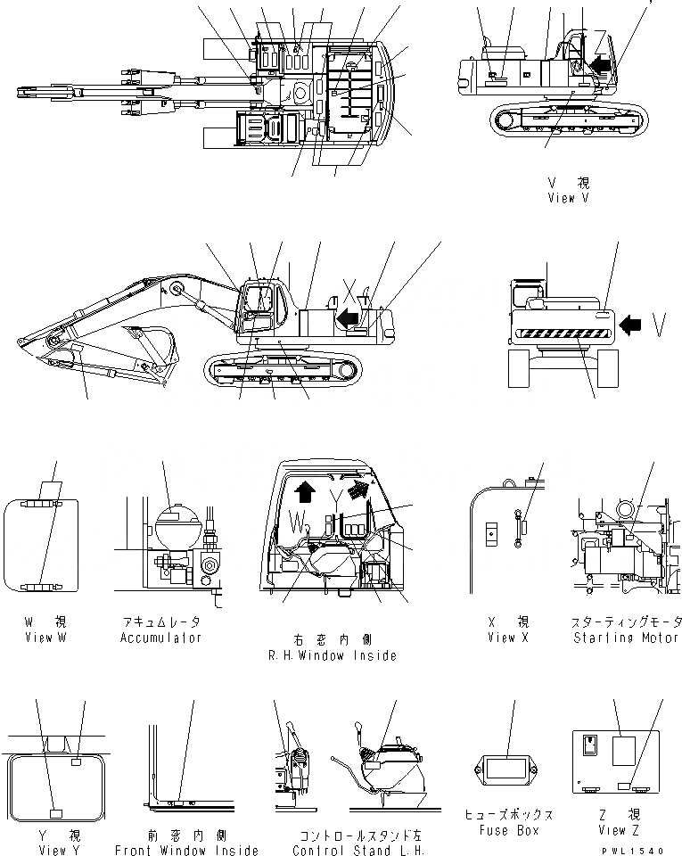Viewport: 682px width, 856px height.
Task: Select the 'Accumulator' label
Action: point(161,638)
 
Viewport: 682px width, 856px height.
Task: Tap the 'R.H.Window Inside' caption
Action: point(332,655)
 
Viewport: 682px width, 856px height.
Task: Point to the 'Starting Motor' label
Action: point(627,638)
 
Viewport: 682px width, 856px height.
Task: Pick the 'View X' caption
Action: point(507,638)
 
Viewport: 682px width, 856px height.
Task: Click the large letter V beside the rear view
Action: point(659,328)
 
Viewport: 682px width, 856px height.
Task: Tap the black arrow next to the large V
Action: point(631,325)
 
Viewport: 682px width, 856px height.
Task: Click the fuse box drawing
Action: point(507,769)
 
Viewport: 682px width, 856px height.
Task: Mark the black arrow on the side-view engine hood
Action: point(349,316)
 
